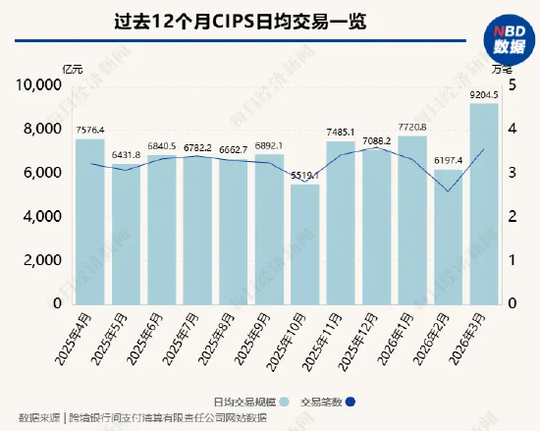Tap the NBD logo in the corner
click(507, 38)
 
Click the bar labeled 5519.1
click(304, 244)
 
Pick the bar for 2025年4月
click(90, 222)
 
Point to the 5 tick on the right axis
click(512, 86)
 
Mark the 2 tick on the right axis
click(512, 217)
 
